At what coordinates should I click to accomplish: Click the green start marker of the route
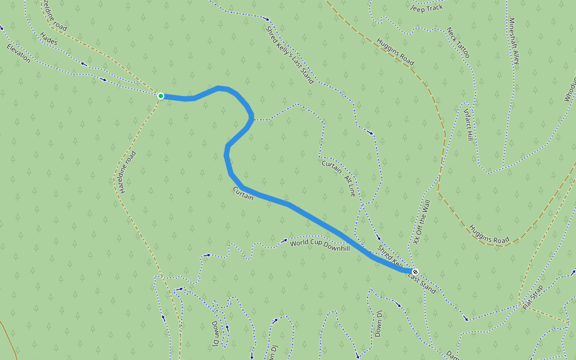(161, 96)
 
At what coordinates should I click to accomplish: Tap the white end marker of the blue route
(415, 272)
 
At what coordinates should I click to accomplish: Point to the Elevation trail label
(18, 53)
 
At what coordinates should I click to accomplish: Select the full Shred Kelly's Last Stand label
(289, 52)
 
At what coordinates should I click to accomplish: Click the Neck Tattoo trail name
(458, 43)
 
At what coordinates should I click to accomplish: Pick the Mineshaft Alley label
(514, 41)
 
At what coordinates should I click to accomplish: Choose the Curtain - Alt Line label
(339, 178)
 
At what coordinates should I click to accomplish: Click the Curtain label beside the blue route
(243, 193)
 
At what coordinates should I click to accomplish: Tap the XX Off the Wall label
(422, 222)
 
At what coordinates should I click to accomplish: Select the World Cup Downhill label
(320, 244)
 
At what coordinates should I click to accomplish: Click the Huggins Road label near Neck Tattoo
(395, 52)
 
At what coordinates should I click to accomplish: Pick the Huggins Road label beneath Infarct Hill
(490, 235)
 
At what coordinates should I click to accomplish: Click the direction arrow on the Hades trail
(84, 64)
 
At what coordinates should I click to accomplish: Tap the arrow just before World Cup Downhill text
(284, 241)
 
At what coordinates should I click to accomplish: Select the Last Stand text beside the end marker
(422, 279)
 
